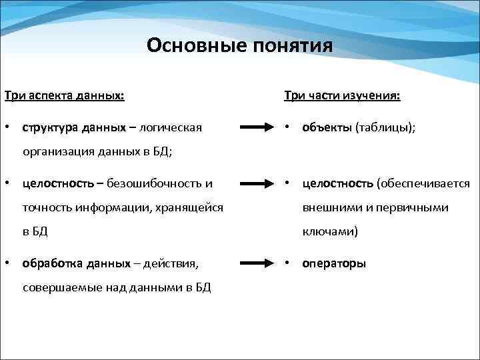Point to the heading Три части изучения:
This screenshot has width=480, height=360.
click(x=342, y=96)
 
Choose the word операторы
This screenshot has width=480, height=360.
click(x=334, y=263)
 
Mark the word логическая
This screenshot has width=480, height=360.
click(x=171, y=127)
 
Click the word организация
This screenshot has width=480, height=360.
click(x=55, y=151)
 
